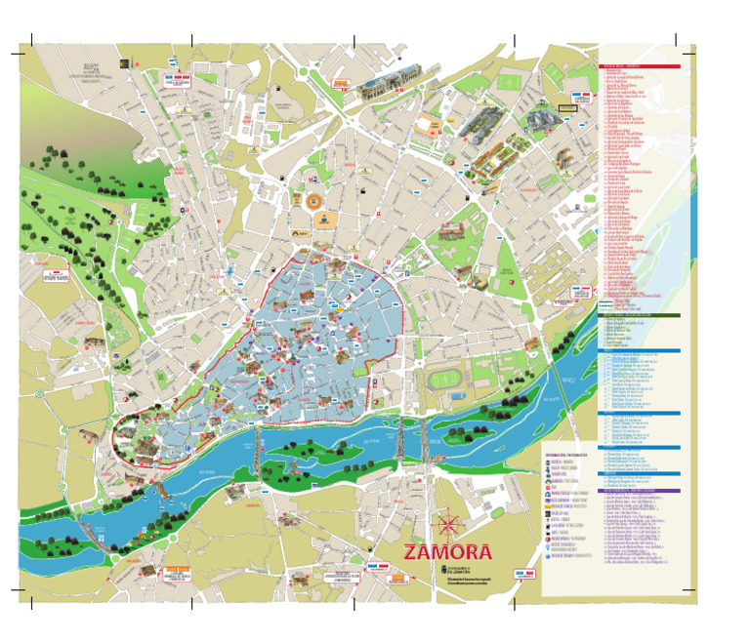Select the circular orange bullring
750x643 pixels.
(316, 202)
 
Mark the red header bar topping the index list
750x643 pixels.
(639, 67)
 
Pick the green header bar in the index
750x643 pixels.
(639, 315)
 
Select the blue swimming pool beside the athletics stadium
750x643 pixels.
(456, 396)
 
